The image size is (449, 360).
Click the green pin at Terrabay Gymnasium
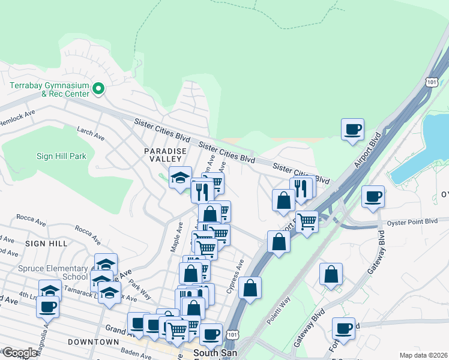(99, 90)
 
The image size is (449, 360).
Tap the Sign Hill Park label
(61, 157)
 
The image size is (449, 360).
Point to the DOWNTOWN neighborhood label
(93, 341)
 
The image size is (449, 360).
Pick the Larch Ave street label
(91, 133)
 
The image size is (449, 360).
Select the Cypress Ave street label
(235, 277)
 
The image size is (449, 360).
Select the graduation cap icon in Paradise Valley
(179, 177)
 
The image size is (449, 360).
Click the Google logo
(20, 353)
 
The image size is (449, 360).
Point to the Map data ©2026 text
(423, 355)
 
